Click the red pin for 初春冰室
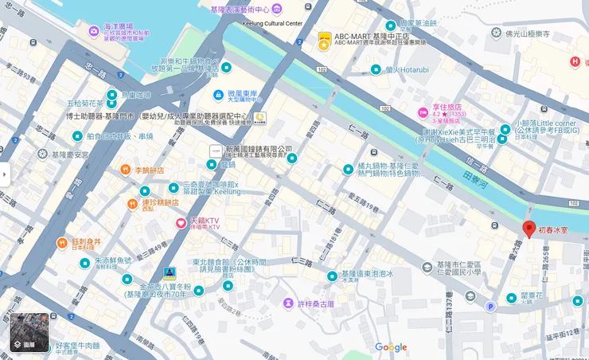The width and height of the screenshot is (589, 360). (529, 229)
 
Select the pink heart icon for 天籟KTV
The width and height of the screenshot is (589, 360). (181, 221)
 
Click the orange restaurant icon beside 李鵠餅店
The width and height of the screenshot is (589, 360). (125, 170)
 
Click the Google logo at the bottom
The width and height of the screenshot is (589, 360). (391, 347)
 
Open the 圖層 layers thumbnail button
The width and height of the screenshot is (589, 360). (27, 333)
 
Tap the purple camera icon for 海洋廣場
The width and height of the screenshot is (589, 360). (94, 30)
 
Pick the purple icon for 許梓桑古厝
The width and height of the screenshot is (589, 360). (287, 303)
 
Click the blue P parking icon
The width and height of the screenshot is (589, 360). (490, 307)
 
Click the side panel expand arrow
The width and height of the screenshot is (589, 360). (5, 174)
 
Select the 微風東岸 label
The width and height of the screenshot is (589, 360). (245, 94)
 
